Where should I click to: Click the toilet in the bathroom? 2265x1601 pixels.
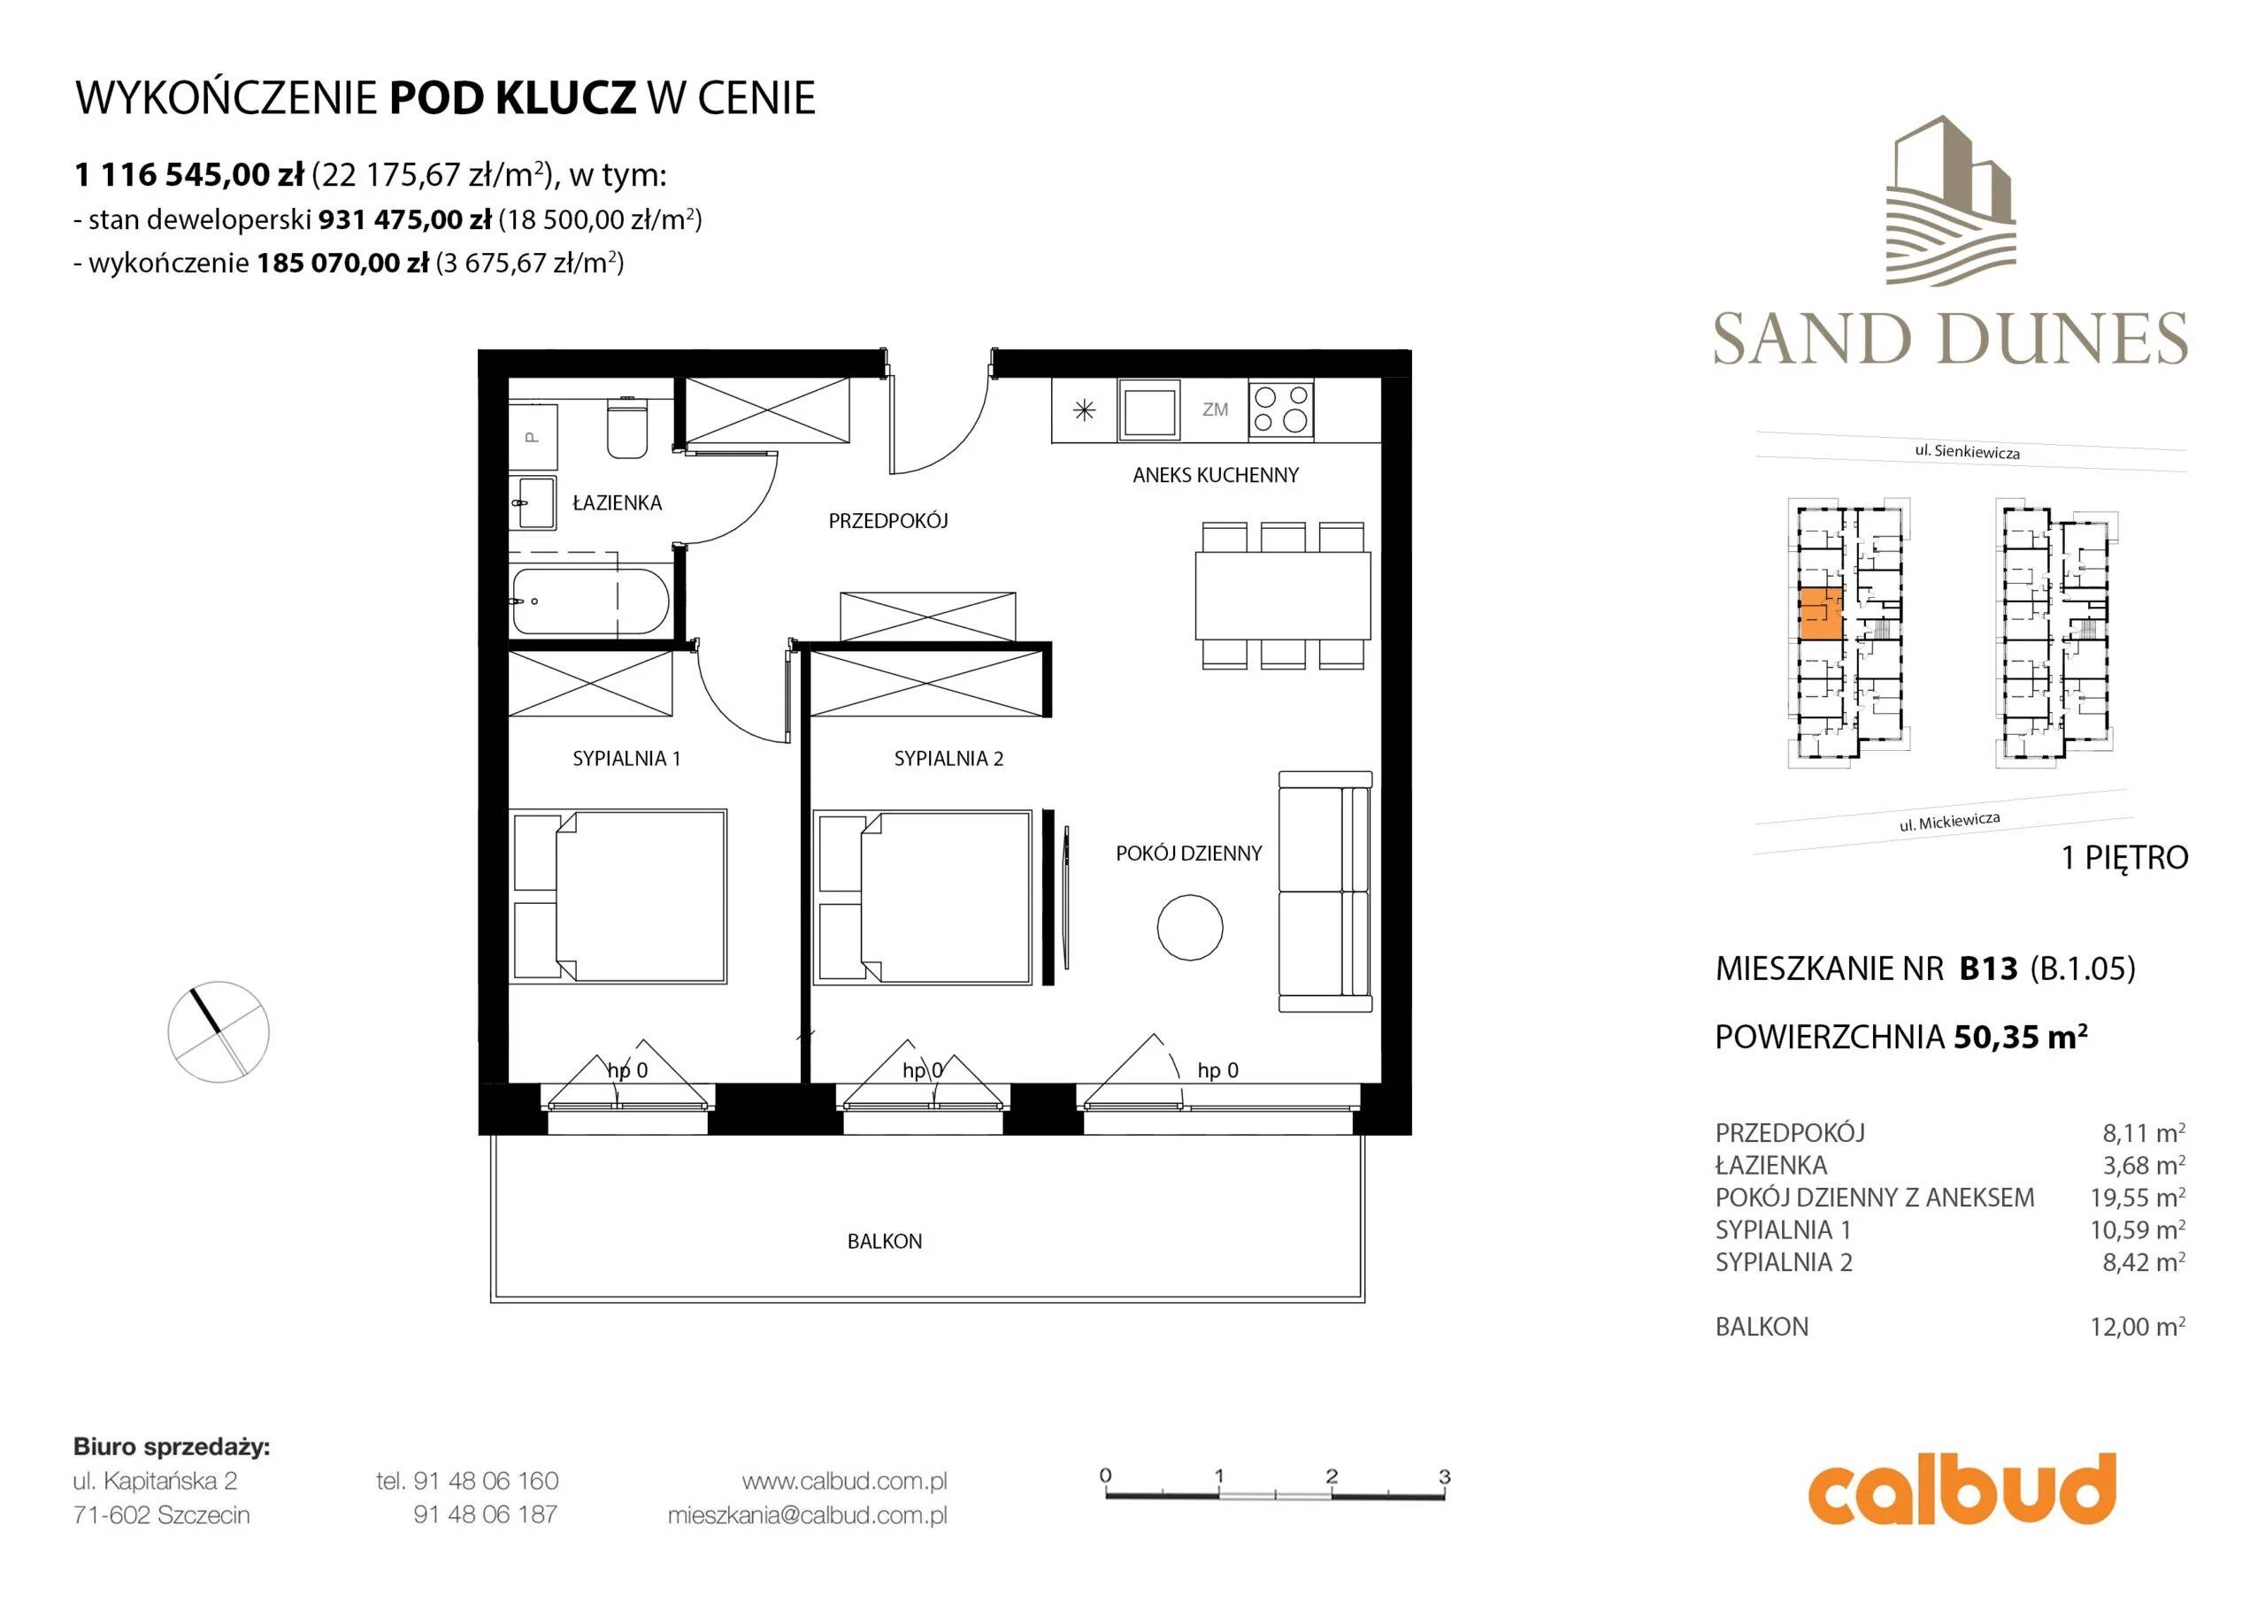[626, 426]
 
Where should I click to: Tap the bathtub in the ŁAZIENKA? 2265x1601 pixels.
[590, 601]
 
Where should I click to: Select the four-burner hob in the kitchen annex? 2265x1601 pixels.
[1281, 410]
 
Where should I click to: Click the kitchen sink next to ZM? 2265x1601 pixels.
[1148, 410]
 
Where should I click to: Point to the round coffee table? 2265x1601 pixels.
[1190, 927]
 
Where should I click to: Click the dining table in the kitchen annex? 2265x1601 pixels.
[1282, 596]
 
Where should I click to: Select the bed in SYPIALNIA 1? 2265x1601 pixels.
[618, 897]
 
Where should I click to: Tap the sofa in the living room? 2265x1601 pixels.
[1324, 892]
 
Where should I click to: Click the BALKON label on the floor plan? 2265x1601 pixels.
[884, 1241]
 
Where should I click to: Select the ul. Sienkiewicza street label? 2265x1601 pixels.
[1967, 452]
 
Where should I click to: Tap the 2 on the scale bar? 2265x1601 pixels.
[1332, 1475]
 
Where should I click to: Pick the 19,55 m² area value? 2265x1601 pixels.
[2137, 1198]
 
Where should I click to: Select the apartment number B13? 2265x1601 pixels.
[1988, 969]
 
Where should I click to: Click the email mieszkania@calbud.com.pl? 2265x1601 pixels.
[807, 1515]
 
